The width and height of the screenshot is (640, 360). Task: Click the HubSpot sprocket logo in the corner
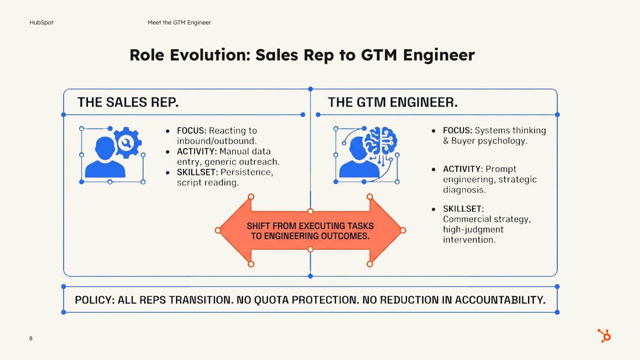[604, 336]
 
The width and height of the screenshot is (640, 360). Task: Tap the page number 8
[31, 339]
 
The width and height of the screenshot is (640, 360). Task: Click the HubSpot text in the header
[41, 22]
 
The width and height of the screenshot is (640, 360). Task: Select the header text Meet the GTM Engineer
[179, 22]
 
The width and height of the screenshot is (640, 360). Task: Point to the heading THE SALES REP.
[128, 103]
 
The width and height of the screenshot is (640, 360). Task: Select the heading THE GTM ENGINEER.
[392, 103]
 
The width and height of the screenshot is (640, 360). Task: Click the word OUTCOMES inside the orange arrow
[347, 236]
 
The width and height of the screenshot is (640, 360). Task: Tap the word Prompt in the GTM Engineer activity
[501, 169]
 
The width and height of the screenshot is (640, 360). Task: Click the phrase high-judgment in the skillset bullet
[473, 229]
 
